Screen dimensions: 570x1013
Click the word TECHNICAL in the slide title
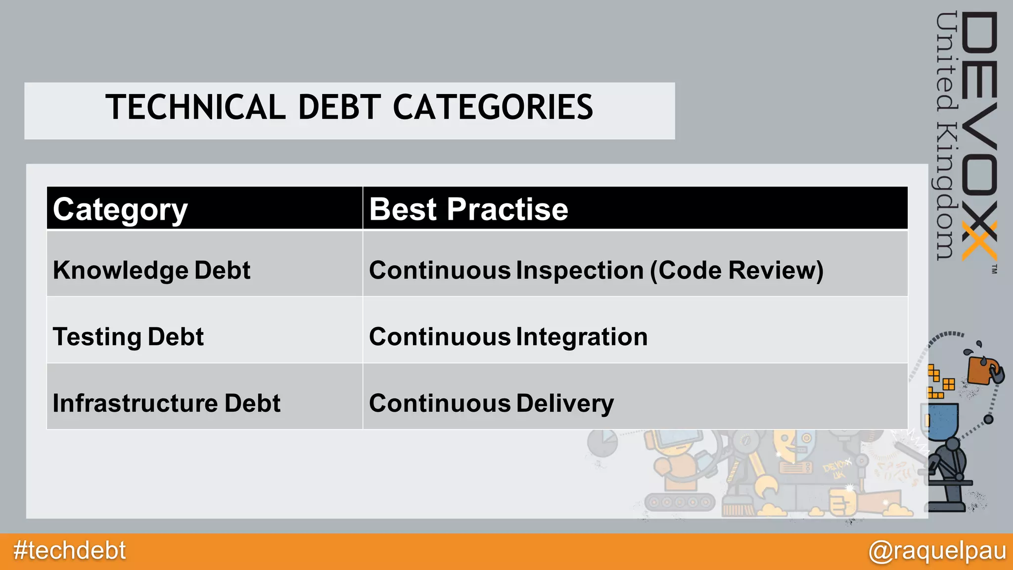point(195,107)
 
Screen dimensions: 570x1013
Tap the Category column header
point(120,209)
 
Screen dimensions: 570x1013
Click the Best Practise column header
point(468,209)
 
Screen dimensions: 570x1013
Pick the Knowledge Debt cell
point(151,271)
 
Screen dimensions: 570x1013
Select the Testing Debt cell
point(128,337)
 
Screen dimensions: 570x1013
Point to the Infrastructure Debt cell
point(166,403)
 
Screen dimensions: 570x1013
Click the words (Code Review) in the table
point(737,271)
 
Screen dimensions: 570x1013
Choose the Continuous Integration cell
point(508,337)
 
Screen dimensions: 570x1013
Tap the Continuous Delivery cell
point(491,403)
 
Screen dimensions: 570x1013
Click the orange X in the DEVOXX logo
point(979,241)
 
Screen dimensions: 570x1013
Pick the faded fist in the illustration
point(841,502)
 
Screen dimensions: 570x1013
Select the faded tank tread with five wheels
point(680,502)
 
